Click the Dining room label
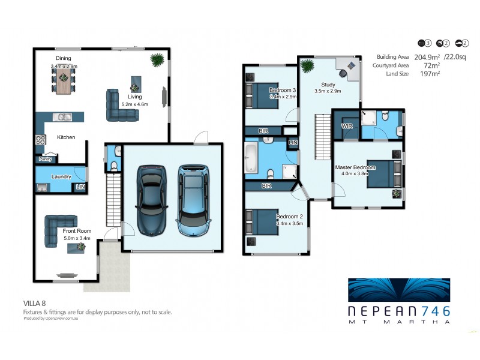[64, 58]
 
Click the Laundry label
[61, 177]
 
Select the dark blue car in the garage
[151, 200]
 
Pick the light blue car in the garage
[194, 200]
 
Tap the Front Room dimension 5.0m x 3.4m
[77, 238]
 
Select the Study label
[328, 85]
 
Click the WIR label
[346, 127]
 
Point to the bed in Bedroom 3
[268, 95]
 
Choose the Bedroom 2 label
[289, 216]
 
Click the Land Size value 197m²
[430, 73]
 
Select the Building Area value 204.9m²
[422, 56]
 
